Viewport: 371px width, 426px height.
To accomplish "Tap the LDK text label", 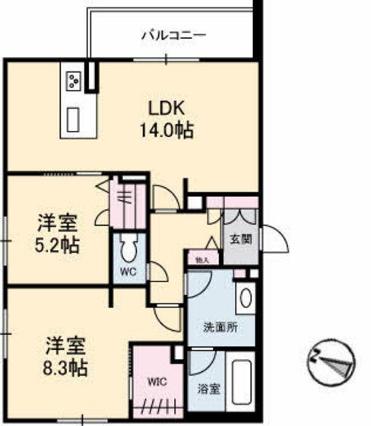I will (164, 106).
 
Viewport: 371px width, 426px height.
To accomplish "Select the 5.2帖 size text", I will (58, 246).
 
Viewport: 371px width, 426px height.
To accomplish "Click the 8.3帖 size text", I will (64, 369).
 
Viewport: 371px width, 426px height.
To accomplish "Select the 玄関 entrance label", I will (241, 239).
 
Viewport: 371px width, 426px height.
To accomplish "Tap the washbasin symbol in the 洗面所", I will (246, 298).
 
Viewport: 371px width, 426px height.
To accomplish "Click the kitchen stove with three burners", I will (75, 79).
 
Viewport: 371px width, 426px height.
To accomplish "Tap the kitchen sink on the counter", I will (75, 119).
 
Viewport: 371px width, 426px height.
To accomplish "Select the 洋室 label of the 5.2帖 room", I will (58, 224).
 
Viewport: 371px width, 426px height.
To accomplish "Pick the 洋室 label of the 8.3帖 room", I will (64, 345).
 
